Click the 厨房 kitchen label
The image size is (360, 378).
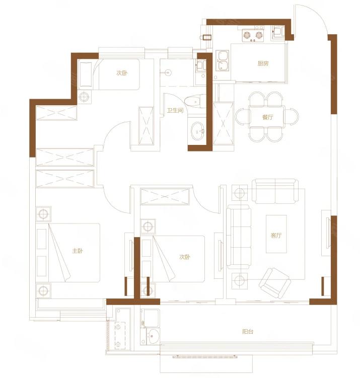click(x=263, y=63)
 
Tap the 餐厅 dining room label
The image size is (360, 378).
click(x=268, y=117)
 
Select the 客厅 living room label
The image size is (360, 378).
click(x=276, y=235)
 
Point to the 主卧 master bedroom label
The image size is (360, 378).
click(x=78, y=251)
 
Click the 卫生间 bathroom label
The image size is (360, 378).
click(x=175, y=111)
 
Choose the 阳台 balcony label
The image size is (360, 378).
click(x=248, y=332)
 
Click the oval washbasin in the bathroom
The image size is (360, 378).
click(x=198, y=131)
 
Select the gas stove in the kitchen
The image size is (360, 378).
click(x=253, y=35)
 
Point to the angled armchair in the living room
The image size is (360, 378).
click(x=274, y=283)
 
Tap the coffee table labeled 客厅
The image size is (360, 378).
click(x=276, y=234)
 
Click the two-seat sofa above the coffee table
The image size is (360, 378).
click(x=275, y=191)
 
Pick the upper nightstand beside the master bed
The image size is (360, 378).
click(x=43, y=214)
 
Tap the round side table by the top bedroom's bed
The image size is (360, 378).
click(x=84, y=97)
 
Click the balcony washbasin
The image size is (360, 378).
click(x=153, y=336)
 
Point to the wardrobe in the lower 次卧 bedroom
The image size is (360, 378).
click(x=165, y=197)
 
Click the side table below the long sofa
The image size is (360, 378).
click(x=240, y=281)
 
